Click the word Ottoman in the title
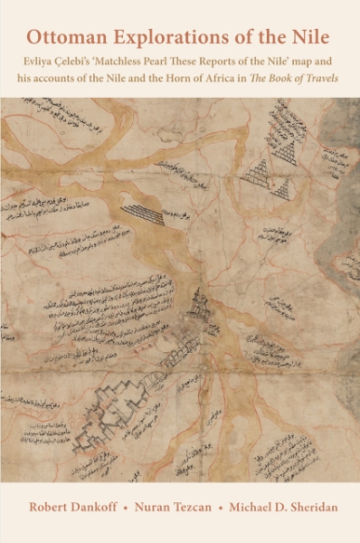64,37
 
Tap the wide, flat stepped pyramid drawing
146,214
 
